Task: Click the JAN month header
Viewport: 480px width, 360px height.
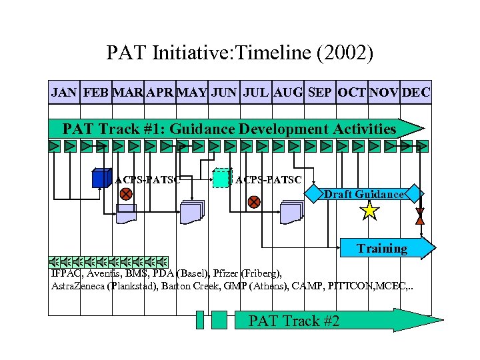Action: click(x=64, y=93)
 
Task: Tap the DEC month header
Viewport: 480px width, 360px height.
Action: click(x=416, y=93)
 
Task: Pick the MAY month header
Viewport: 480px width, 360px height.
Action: click(x=193, y=93)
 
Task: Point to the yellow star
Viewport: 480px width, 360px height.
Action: click(x=369, y=211)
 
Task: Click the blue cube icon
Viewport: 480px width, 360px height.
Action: click(x=101, y=178)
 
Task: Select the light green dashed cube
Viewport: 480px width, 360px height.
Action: click(x=221, y=178)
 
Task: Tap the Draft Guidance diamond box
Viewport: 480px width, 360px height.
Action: click(x=364, y=195)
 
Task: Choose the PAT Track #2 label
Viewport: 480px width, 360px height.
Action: click(x=293, y=321)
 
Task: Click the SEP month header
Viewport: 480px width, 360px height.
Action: click(x=321, y=93)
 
